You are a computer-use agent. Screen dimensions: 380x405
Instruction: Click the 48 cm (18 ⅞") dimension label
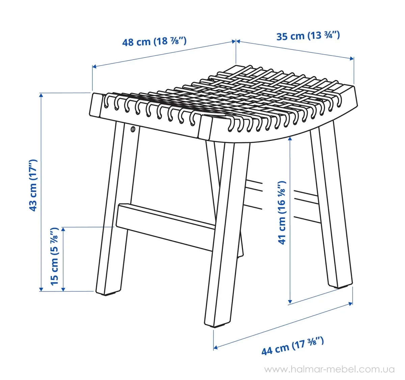tap(154, 42)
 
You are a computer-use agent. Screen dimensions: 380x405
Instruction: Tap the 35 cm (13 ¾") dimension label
tap(308, 36)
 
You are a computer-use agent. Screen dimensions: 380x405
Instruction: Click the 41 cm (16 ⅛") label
tap(282, 213)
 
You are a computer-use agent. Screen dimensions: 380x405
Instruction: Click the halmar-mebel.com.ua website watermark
tap(329, 369)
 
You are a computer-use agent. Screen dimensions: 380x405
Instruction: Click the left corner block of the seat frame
tap(96, 105)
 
